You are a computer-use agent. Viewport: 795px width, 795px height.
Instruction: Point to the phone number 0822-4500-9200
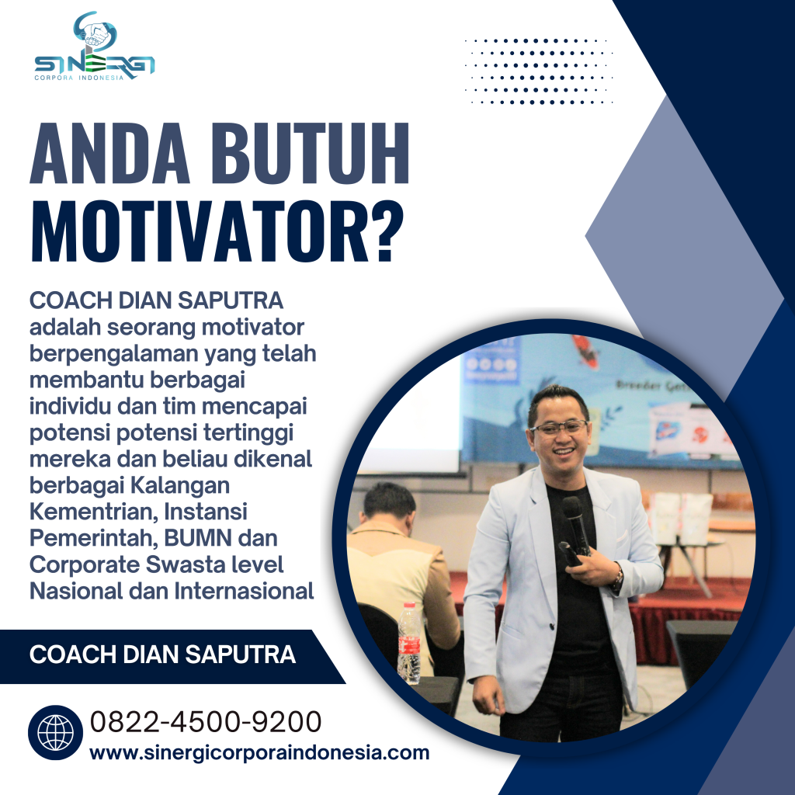[206, 722]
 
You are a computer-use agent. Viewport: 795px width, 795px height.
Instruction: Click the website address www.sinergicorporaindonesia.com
[259, 752]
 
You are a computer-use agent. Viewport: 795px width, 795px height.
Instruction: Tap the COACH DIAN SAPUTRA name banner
[162, 654]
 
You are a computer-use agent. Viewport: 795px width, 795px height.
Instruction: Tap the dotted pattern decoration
[538, 71]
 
